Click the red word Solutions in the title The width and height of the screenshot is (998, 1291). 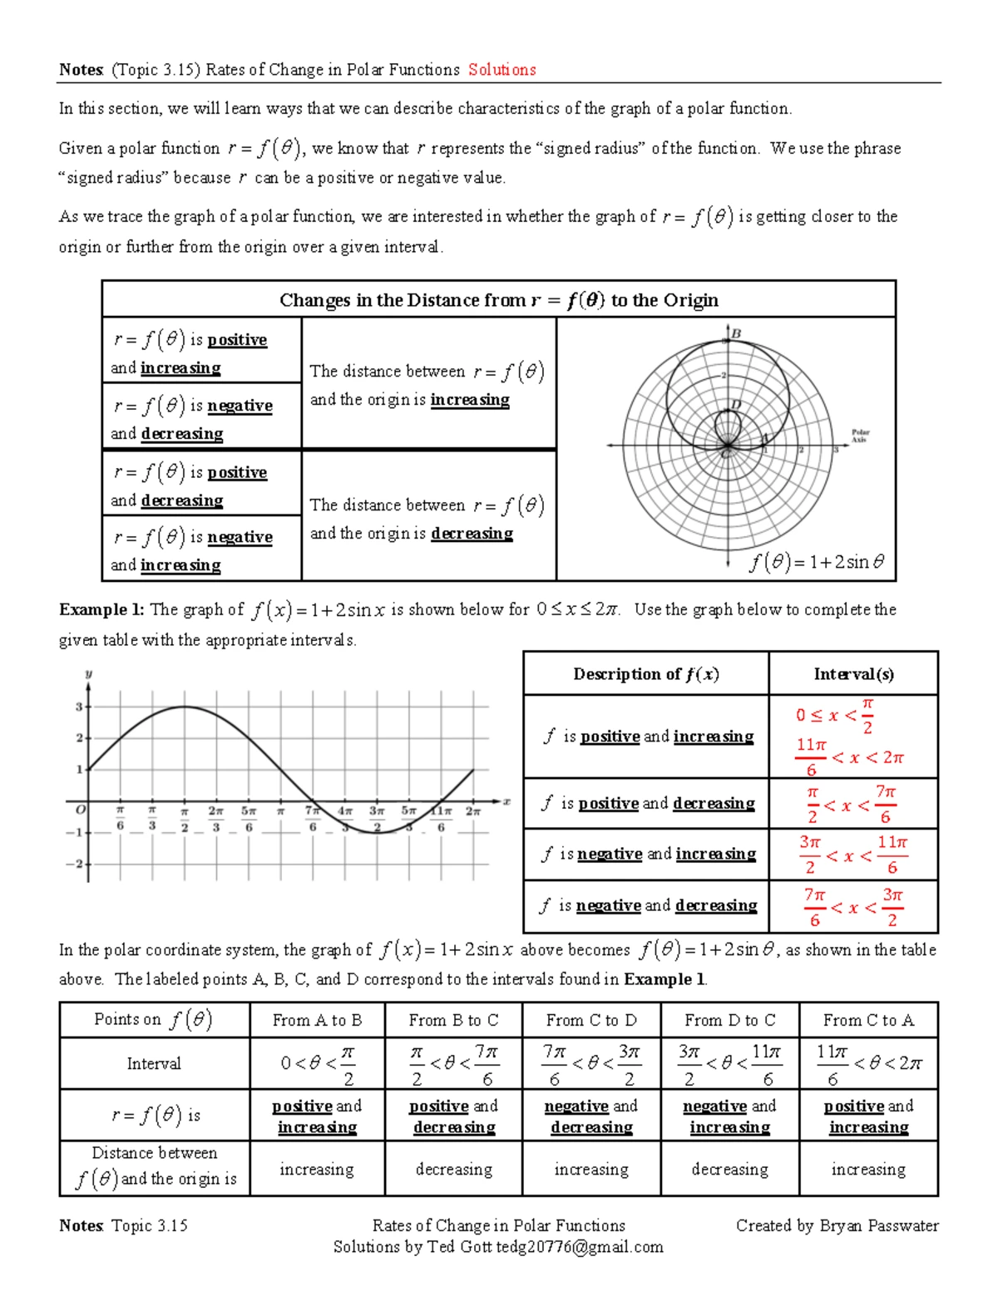pos(501,70)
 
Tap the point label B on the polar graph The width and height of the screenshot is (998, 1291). pos(736,334)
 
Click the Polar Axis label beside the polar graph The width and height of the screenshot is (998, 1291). pos(860,436)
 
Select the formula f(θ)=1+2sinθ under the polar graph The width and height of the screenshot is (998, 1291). pos(817,563)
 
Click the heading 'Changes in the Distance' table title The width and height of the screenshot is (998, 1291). pos(498,300)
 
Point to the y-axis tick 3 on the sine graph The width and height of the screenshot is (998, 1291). pos(80,707)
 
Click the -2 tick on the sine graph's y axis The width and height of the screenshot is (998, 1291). pos(77,865)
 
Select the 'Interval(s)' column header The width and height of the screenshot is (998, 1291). pos(853,674)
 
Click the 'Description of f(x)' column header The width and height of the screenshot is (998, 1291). pos(645,674)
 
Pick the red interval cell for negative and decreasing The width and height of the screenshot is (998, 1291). pos(853,907)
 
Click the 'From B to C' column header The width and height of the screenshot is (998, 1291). pos(453,1020)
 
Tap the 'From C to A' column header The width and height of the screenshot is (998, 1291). pos(868,1020)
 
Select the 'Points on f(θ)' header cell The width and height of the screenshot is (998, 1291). pos(154,1020)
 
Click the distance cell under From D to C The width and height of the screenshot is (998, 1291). pos(729,1170)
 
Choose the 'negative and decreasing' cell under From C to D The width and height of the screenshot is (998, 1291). pos(591,1116)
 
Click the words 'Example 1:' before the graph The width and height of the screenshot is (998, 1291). pos(101,609)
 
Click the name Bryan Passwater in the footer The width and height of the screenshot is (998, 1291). pos(879,1225)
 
